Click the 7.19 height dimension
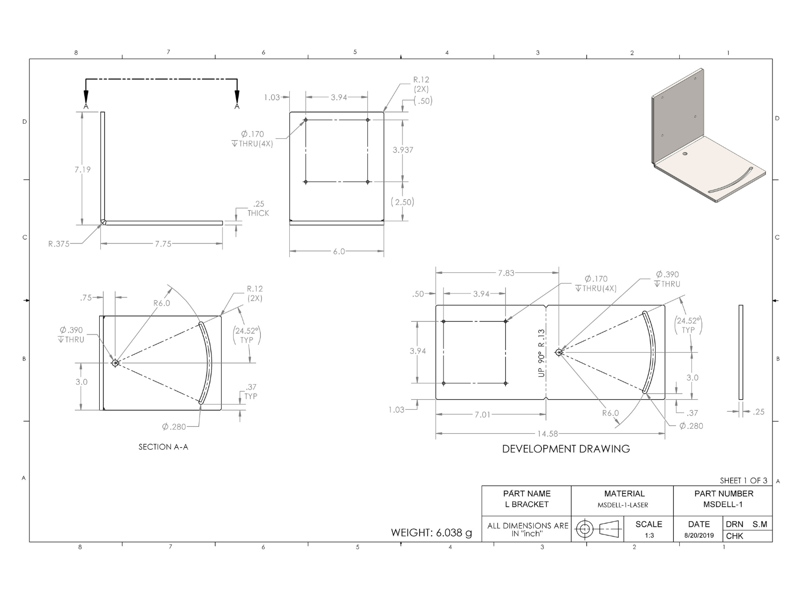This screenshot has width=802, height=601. [x=83, y=169]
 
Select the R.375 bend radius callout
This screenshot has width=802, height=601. [x=59, y=244]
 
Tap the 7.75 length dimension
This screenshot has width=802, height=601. [x=163, y=244]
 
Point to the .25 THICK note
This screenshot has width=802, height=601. [x=258, y=208]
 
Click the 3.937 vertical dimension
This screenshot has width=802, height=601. [x=403, y=150]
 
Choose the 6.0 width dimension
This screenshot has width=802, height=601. [x=339, y=251]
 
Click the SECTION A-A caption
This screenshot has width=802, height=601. [x=163, y=447]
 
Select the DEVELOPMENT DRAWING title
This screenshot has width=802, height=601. [x=566, y=449]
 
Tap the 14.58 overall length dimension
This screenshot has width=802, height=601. [x=547, y=434]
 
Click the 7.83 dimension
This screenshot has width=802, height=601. [x=506, y=273]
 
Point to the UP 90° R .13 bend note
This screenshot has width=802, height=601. [x=541, y=353]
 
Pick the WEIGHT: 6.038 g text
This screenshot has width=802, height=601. [x=431, y=532]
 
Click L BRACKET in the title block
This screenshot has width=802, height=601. [x=526, y=504]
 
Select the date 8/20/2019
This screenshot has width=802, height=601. [x=699, y=535]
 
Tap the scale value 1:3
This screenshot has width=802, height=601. [x=649, y=535]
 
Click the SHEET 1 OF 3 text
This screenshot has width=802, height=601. [x=743, y=480]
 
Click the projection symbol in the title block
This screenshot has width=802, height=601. [x=598, y=529]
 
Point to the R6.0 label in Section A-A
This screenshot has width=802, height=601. [x=161, y=303]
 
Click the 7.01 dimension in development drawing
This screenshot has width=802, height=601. [x=482, y=415]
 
